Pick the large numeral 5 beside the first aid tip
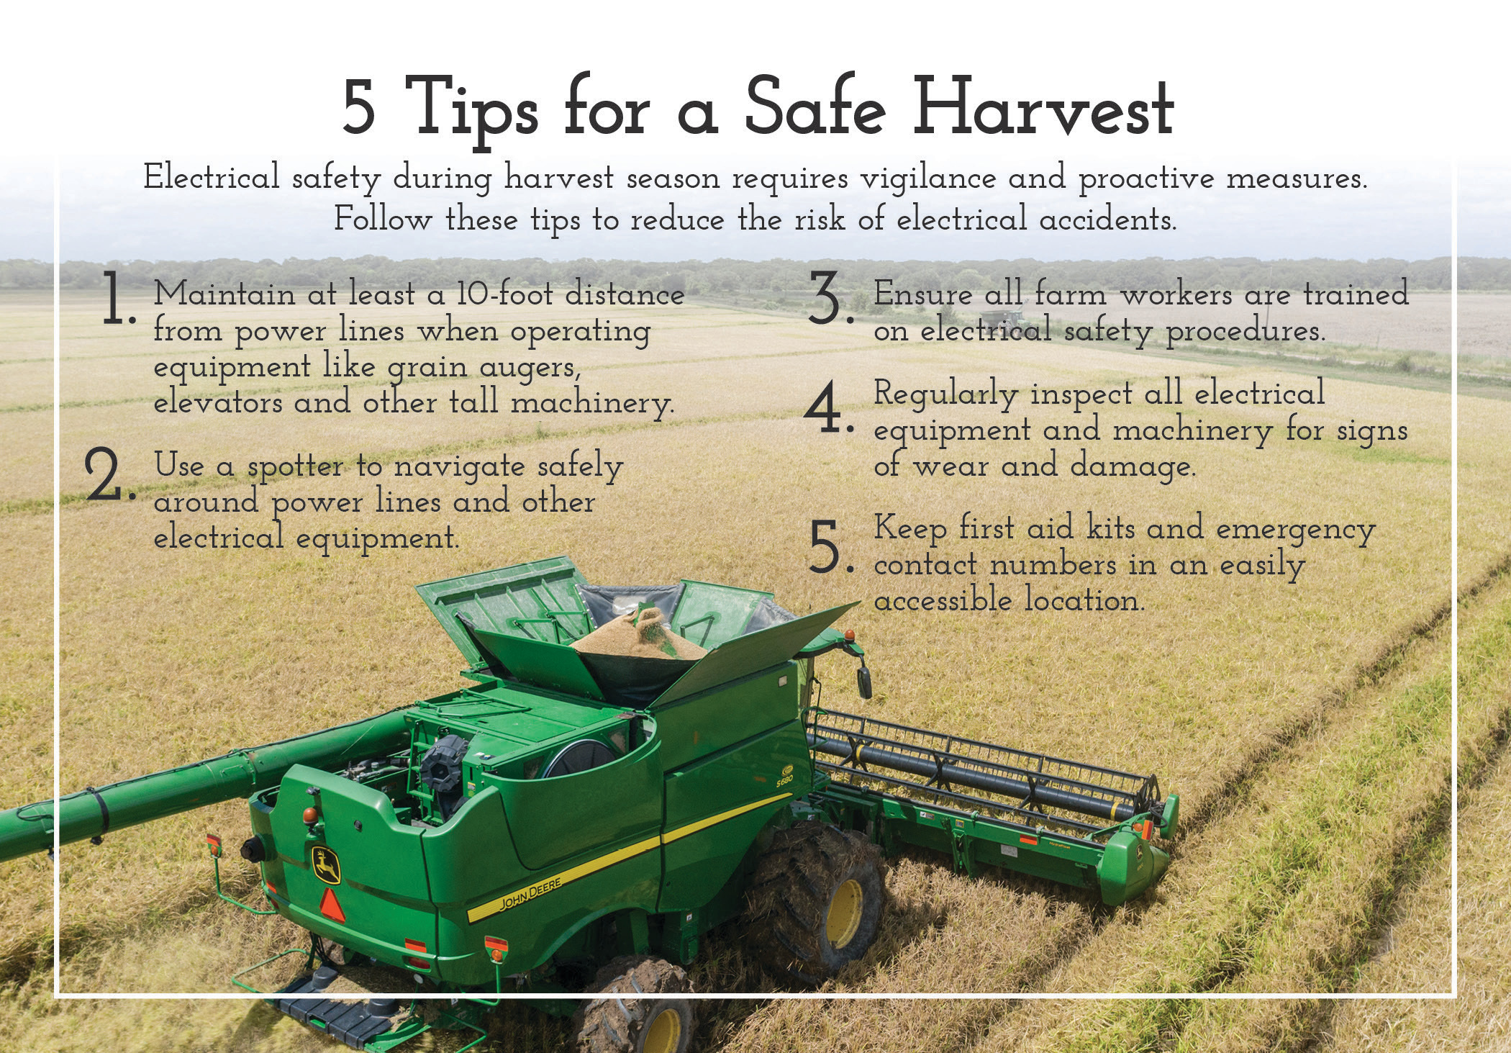pos(827,547)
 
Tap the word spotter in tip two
pos(295,466)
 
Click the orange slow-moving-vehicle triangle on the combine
pos(332,904)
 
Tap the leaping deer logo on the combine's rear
pos(326,864)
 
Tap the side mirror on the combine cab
pos(863,680)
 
